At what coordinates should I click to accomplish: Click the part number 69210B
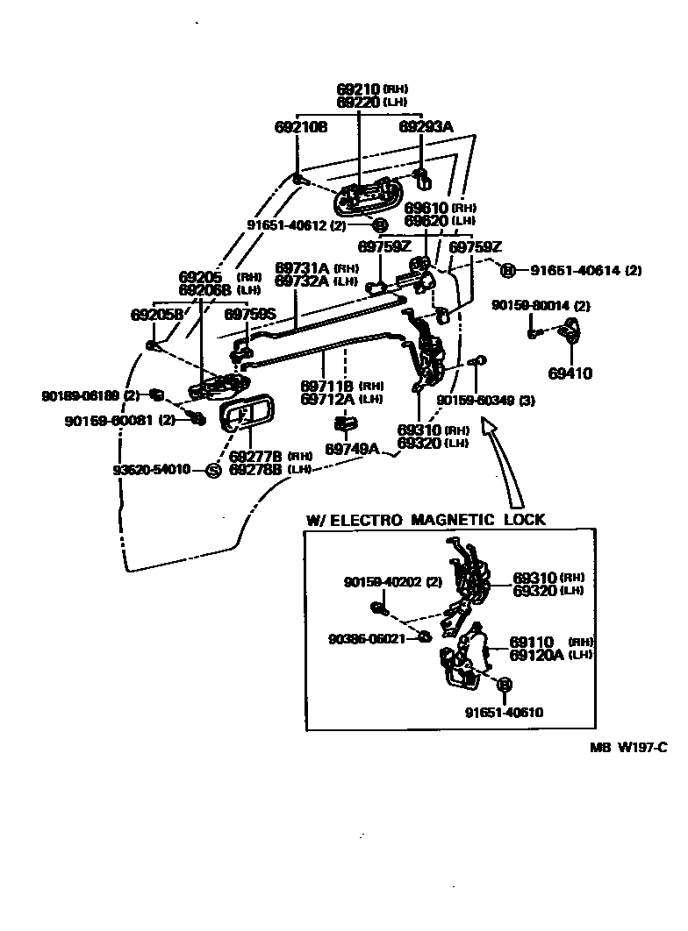click(x=301, y=127)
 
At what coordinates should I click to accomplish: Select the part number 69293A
click(x=426, y=127)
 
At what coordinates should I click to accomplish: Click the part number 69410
click(x=570, y=373)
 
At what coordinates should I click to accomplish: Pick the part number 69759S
click(x=250, y=313)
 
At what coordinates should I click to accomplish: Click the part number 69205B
click(x=157, y=314)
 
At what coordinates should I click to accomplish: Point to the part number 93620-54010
click(x=152, y=471)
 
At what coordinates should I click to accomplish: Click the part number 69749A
click(x=352, y=449)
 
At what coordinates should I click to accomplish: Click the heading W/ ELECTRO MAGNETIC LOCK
click(x=426, y=520)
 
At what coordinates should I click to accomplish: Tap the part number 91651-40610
click(x=504, y=713)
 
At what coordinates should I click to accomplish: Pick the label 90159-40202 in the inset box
click(x=383, y=582)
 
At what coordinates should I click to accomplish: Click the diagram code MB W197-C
click(x=628, y=748)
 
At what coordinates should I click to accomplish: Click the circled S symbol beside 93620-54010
click(x=211, y=471)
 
